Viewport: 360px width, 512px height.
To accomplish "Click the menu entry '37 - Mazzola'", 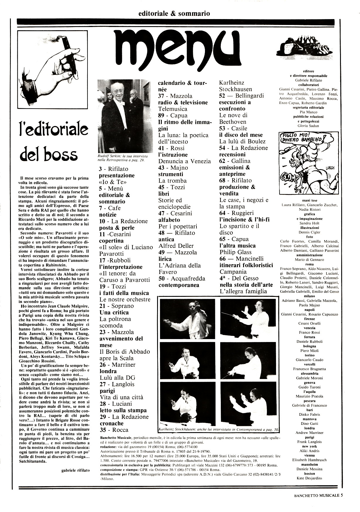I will point(175,96).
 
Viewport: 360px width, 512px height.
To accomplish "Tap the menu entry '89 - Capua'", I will point(173,115).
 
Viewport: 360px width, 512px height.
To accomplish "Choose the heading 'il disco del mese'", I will point(241,135).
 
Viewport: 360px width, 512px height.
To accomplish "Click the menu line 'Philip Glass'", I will point(235,252).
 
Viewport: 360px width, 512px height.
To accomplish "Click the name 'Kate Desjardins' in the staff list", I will point(309,478).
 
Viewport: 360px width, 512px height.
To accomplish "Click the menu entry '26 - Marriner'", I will point(117,365).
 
